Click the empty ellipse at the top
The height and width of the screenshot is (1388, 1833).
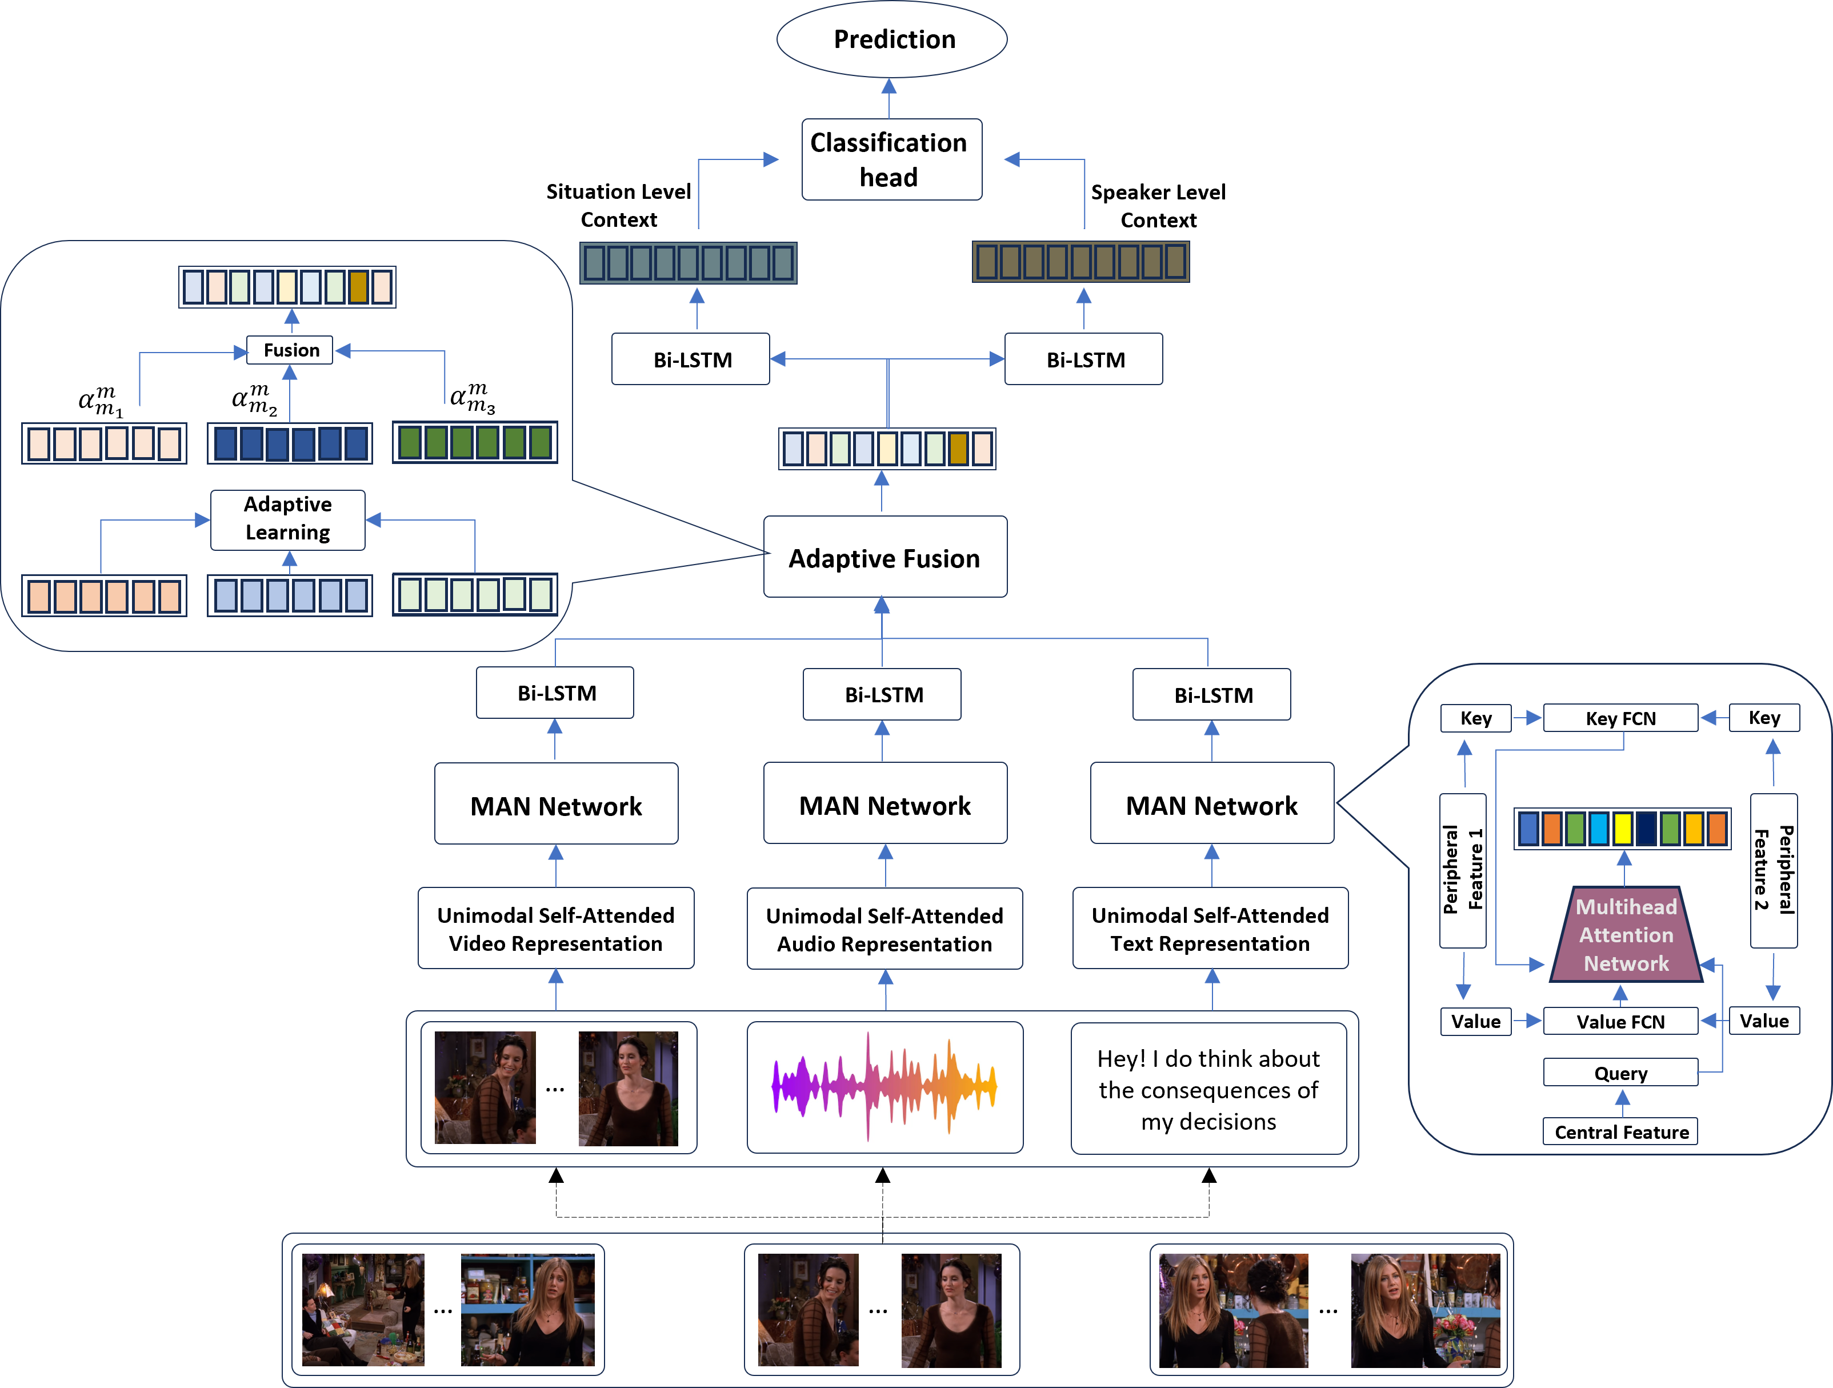pos(891,39)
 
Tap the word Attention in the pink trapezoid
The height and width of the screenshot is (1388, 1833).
pos(1626,935)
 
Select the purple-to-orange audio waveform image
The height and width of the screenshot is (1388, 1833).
pos(884,1089)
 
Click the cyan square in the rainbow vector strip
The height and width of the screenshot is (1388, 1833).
pos(1599,828)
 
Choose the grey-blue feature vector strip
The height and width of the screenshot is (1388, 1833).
pos(688,263)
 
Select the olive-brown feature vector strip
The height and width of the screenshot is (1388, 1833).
pos(1080,261)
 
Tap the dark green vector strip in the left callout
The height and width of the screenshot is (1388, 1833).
pos(474,442)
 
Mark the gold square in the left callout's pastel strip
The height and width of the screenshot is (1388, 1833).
pos(358,287)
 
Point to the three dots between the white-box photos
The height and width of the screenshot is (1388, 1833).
pos(878,1311)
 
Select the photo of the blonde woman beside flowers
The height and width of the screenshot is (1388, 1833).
pos(1425,1310)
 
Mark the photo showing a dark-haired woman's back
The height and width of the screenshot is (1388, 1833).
pos(1233,1310)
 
